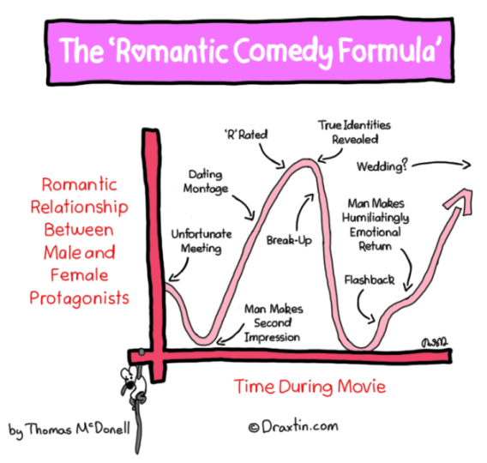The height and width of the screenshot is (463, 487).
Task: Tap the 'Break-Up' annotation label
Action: pyautogui.click(x=289, y=240)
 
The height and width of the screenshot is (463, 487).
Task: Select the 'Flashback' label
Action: pyautogui.click(x=370, y=280)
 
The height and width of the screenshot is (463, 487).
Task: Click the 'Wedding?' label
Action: pyautogui.click(x=382, y=166)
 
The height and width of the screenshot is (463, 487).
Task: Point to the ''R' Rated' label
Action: pyautogui.click(x=246, y=135)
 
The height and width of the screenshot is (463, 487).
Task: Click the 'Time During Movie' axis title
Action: pyautogui.click(x=310, y=387)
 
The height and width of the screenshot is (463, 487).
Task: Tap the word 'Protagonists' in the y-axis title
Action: pyautogui.click(x=79, y=298)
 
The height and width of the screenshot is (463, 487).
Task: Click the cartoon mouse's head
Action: pyautogui.click(x=129, y=376)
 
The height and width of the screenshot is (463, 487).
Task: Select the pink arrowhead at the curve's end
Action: pyautogui.click(x=461, y=201)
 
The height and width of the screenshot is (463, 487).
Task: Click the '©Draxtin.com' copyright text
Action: pyautogui.click(x=293, y=426)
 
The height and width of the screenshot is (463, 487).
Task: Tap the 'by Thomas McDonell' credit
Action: pyautogui.click(x=69, y=430)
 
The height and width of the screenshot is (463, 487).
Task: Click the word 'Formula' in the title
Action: pyautogui.click(x=390, y=50)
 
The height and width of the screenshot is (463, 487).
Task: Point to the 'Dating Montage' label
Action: pyautogui.click(x=206, y=182)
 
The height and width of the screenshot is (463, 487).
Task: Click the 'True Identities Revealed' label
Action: pyautogui.click(x=354, y=132)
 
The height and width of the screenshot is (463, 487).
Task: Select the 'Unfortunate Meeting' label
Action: pyautogui.click(x=201, y=241)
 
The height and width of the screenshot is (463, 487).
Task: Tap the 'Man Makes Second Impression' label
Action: pyautogui.click(x=274, y=323)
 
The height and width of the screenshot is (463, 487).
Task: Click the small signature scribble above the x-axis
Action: pyautogui.click(x=435, y=342)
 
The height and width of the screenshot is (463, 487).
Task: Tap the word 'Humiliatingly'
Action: pyautogui.click(x=376, y=218)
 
